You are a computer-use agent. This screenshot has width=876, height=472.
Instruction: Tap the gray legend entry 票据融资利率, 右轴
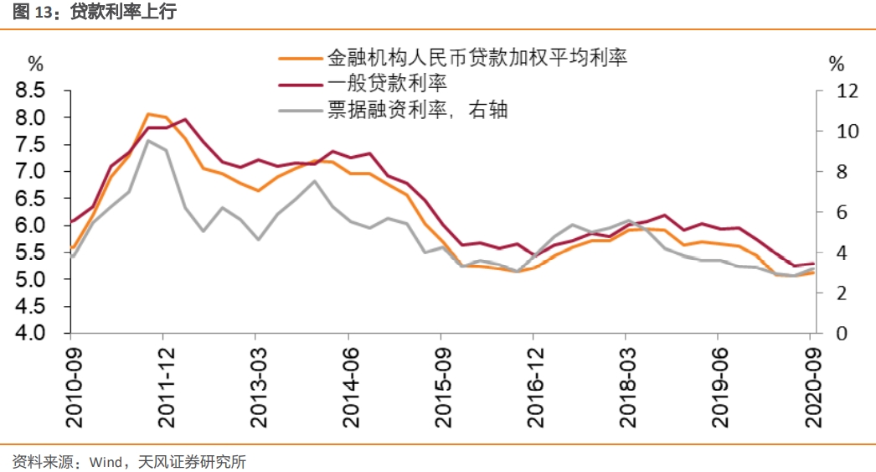coord(416,109)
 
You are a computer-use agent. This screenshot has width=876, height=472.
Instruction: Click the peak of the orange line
coord(148,114)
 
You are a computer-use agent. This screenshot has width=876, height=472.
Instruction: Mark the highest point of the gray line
coord(148,141)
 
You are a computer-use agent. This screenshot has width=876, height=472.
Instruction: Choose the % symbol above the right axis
coord(837,63)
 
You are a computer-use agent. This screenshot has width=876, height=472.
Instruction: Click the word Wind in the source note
coord(106,461)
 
